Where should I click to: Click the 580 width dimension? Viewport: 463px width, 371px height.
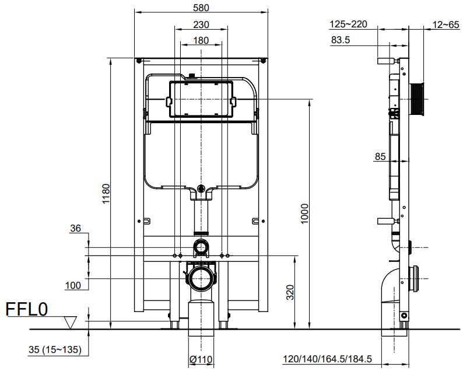coord(201,8)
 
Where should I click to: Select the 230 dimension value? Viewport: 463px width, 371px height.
coord(201,25)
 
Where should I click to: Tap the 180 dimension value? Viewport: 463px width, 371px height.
coord(201,40)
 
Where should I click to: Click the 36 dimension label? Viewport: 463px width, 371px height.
coord(75,229)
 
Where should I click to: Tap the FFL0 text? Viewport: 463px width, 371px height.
coord(26,310)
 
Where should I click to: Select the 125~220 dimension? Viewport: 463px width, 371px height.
coord(348,24)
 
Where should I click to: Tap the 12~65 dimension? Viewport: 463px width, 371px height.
coord(446,24)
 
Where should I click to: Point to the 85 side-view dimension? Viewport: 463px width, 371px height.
coord(380,156)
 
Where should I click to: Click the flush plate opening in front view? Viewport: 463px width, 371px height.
coord(201,100)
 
